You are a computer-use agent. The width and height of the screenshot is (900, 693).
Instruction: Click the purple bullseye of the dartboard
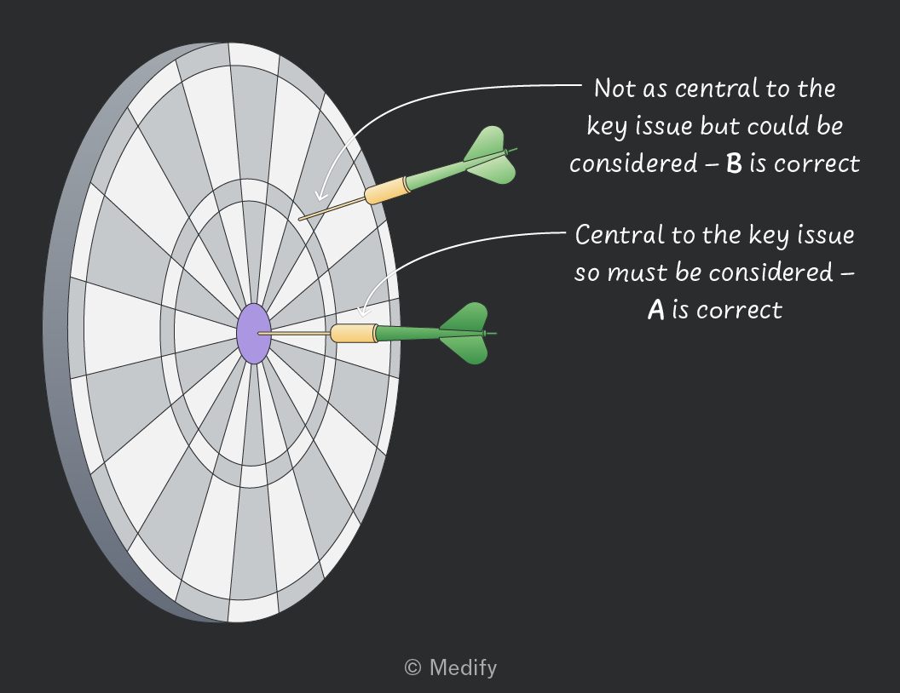coord(254,334)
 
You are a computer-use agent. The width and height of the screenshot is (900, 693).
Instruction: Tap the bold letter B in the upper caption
coord(734,163)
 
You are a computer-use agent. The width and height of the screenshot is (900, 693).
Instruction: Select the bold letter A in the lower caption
coord(656,310)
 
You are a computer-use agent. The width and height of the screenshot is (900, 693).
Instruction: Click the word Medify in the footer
coord(463,667)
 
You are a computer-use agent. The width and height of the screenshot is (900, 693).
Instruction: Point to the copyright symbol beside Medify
coord(412,667)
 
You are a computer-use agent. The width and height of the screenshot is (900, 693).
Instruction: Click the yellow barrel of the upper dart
coord(387,191)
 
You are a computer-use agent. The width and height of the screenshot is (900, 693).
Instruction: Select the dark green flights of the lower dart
coord(464,333)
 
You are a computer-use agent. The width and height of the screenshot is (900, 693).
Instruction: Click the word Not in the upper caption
coord(614,89)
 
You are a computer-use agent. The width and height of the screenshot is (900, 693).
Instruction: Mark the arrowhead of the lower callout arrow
coord(363,310)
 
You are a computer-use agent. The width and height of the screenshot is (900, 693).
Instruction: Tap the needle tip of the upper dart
coord(299,220)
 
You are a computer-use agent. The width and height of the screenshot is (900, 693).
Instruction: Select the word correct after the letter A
coord(739,311)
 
